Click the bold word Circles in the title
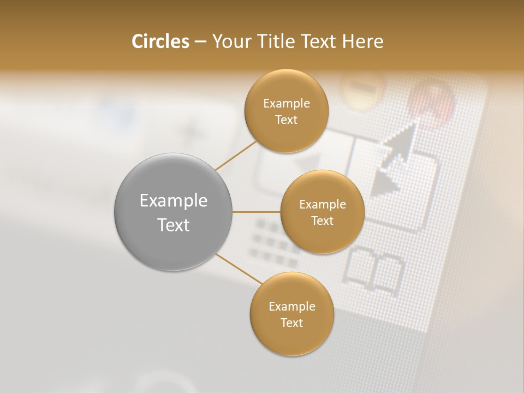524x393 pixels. (x=160, y=41)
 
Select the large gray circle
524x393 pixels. (x=174, y=212)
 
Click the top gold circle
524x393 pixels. (x=286, y=111)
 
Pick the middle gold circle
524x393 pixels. (x=322, y=212)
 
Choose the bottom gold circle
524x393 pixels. (x=291, y=314)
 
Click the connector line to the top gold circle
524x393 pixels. (x=236, y=155)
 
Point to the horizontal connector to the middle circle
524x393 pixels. (x=256, y=212)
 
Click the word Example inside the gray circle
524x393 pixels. (x=174, y=201)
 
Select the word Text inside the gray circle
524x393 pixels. (x=174, y=225)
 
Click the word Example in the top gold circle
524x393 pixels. (x=286, y=104)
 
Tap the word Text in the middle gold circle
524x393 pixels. (x=322, y=221)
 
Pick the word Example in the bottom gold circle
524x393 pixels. (x=291, y=306)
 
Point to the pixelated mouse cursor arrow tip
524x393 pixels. (x=413, y=124)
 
